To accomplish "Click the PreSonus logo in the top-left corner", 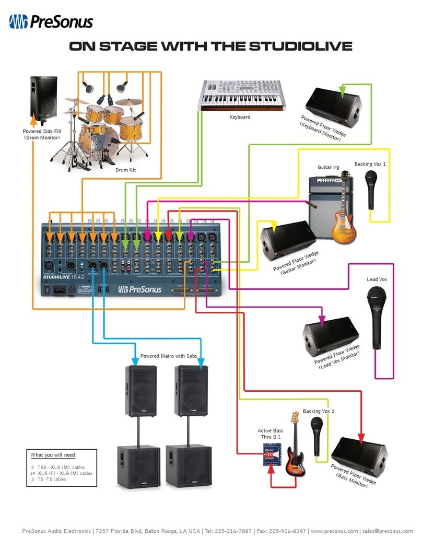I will [51, 22].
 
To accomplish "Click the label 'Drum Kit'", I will [125, 170].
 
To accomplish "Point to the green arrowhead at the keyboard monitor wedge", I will [342, 92].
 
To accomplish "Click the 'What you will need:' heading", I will [53, 455].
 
